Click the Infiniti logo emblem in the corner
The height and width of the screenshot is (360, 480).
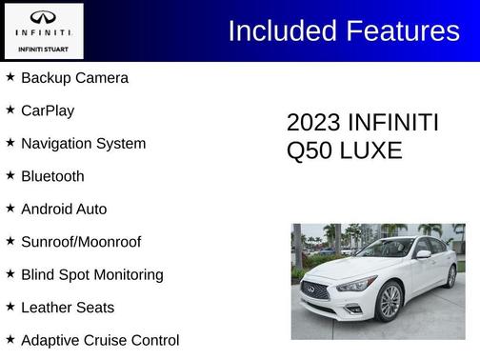pyautogui.click(x=43, y=18)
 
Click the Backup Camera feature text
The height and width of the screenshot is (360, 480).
pyautogui.click(x=74, y=78)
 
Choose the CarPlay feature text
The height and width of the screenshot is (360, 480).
pyautogui.click(x=48, y=110)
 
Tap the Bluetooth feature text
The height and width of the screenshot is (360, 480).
pyautogui.click(x=52, y=176)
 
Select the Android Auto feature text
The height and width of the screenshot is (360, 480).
pyautogui.click(x=64, y=210)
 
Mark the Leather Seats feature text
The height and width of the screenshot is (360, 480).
pyautogui.click(x=68, y=308)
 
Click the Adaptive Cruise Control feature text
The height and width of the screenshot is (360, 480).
pyautogui.click(x=100, y=340)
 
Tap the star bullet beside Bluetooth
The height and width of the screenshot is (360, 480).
pyautogui.click(x=10, y=175)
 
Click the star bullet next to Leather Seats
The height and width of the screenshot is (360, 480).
pyautogui.click(x=10, y=307)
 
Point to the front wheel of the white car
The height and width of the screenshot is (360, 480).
pyautogui.click(x=390, y=301)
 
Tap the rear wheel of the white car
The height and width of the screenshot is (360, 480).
pyautogui.click(x=450, y=276)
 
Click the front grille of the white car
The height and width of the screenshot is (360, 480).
pyautogui.click(x=315, y=290)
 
